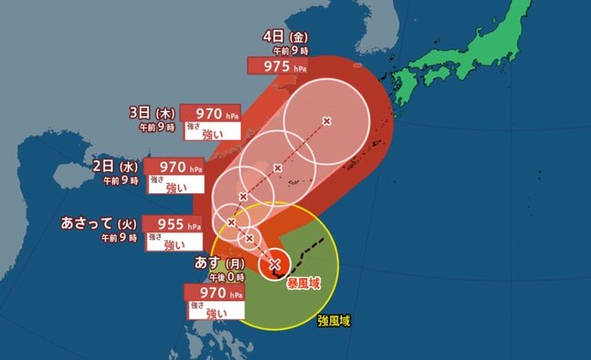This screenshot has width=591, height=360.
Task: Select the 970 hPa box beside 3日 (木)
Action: (x=211, y=113)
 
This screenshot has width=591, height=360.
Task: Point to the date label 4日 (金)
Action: (x=286, y=36)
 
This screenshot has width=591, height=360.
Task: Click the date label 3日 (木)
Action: (x=151, y=113)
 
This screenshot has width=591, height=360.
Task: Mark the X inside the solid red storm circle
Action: (x=275, y=264)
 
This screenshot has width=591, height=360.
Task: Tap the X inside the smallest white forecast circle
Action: (x=250, y=238)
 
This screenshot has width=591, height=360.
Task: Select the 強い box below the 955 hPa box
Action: (x=181, y=243)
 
